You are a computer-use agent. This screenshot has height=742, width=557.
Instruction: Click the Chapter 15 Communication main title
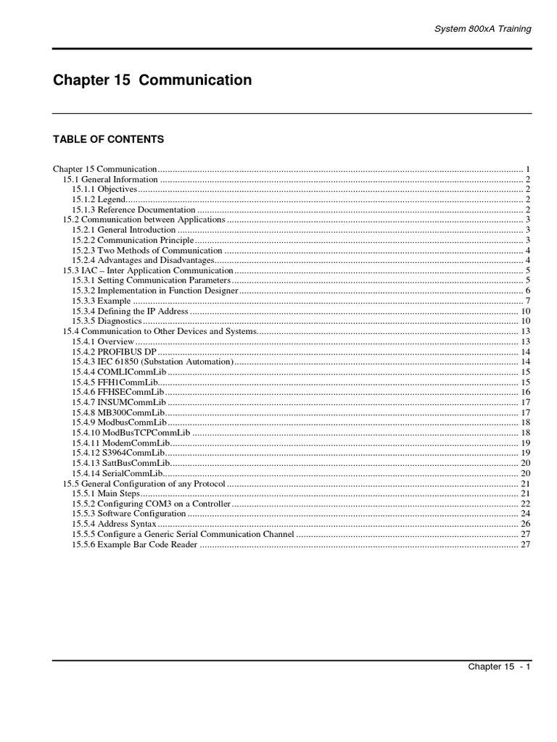point(152,80)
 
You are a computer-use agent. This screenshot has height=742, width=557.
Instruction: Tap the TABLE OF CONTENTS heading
point(109,139)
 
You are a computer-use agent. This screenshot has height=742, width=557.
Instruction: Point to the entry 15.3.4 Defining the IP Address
point(130,311)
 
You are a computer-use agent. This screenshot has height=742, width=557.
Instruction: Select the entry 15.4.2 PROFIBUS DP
point(114,351)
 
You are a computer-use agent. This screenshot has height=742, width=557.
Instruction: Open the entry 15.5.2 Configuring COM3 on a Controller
point(151,504)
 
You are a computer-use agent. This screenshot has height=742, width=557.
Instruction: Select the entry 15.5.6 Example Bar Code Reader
point(134,544)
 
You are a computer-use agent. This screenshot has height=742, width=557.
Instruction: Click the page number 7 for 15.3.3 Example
point(529,301)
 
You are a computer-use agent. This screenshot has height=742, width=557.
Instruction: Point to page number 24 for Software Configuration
point(527,514)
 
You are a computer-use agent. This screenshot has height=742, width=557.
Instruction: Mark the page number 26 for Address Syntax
point(527,524)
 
